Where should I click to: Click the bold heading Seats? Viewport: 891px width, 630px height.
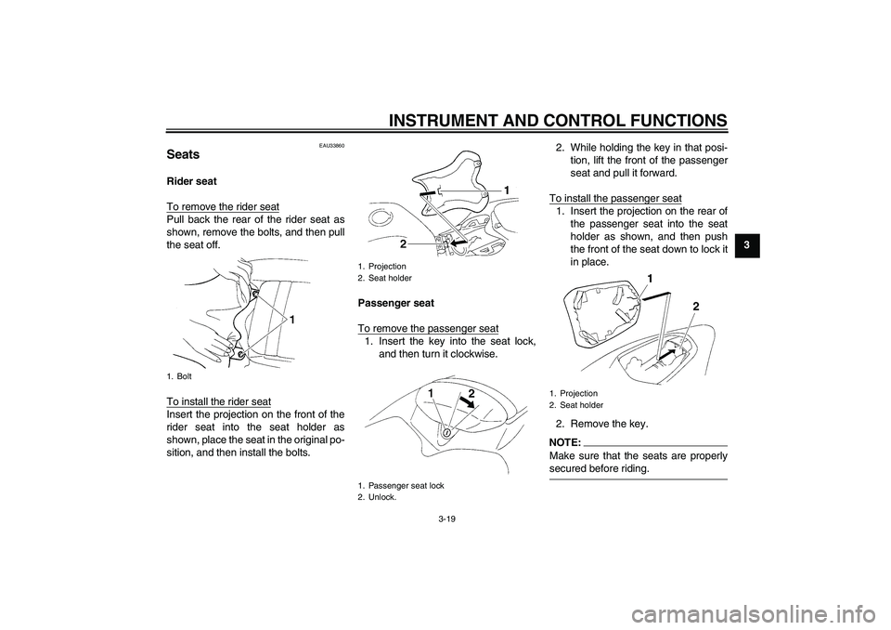183,154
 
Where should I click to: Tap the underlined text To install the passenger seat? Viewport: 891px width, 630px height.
615,198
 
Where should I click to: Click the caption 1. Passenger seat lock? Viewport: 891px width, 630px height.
401,485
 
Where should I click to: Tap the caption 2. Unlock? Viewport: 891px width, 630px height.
377,497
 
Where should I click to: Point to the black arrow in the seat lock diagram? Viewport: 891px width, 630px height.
476,409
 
